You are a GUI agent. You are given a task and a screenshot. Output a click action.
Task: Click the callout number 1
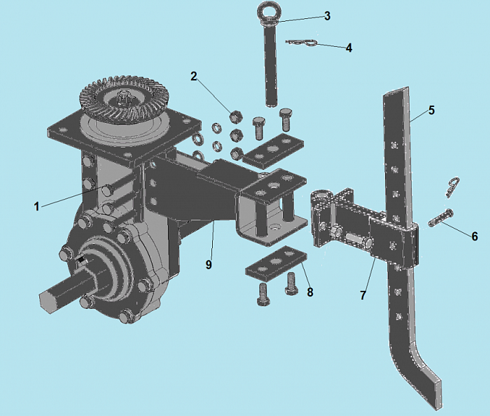click(37, 206)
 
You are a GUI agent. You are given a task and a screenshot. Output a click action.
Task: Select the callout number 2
click(194, 76)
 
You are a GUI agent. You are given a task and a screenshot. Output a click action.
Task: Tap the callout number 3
click(327, 15)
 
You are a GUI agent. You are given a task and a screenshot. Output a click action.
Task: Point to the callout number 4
click(349, 48)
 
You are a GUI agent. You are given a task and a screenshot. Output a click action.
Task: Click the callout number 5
click(432, 110)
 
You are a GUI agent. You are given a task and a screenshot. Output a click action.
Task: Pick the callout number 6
click(475, 236)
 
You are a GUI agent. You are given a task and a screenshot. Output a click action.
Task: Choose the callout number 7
click(363, 295)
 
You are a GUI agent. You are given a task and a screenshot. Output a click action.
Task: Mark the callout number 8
click(309, 292)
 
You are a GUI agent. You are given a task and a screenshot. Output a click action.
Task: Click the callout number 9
click(209, 265)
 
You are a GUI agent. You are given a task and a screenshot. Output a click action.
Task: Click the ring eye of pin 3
click(267, 12)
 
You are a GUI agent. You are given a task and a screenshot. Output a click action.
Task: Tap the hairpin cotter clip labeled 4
click(302, 43)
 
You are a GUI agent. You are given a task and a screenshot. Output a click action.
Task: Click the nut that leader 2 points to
click(235, 117)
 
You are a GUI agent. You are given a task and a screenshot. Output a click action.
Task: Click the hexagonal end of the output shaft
click(48, 300)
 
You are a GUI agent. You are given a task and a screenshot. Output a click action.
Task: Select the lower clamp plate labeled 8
click(276, 262)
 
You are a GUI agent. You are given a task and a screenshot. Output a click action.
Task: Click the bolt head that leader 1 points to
click(108, 188)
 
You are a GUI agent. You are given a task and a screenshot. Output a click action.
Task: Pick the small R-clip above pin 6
click(451, 187)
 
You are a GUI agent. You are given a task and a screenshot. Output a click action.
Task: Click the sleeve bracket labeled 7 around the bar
click(394, 244)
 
